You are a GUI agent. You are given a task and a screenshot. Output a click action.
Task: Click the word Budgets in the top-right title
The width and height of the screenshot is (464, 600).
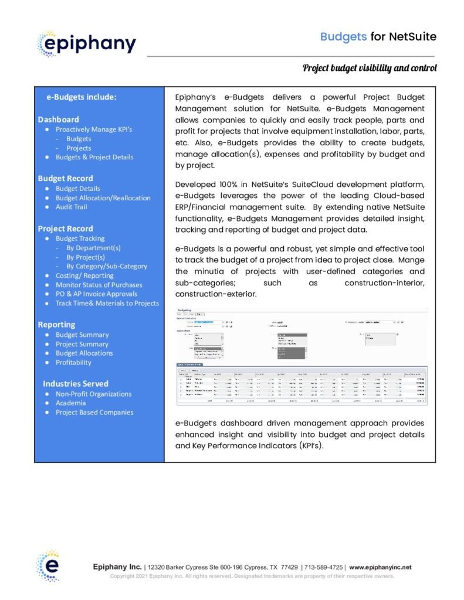[x=343, y=37]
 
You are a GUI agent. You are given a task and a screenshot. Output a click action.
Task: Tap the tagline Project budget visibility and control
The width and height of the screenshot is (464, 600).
[x=370, y=69]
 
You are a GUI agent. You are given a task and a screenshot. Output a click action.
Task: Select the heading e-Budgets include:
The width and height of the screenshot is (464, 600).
[x=81, y=97]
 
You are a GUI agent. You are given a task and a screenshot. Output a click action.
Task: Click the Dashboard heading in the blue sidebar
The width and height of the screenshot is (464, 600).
[x=58, y=120]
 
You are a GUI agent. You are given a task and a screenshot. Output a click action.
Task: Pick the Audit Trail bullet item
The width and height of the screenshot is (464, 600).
[x=71, y=207]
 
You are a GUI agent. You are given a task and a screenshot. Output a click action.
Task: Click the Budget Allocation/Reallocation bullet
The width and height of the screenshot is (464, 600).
[x=103, y=198]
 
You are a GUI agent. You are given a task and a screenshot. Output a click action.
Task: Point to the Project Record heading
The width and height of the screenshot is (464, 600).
[x=65, y=229]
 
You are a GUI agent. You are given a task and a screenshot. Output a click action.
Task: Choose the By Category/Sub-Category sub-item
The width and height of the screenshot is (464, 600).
[x=107, y=266]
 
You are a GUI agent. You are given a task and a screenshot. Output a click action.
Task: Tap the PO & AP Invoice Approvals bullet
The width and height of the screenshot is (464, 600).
[x=96, y=294]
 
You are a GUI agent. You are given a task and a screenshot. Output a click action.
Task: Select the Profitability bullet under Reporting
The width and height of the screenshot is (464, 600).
[x=73, y=362]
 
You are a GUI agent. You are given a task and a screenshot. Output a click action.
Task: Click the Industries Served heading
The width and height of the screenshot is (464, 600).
[x=75, y=384]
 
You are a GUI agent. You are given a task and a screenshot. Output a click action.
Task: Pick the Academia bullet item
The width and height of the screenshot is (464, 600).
[x=70, y=403]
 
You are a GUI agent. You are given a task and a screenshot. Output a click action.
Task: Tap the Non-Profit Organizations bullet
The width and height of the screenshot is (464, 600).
[x=93, y=394]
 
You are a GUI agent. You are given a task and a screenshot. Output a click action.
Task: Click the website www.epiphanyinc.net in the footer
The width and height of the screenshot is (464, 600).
[x=380, y=567]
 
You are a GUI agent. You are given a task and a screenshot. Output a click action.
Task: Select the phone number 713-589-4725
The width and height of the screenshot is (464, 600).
[x=323, y=567]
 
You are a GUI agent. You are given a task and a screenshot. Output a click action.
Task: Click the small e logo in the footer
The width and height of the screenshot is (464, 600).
[x=48, y=565]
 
